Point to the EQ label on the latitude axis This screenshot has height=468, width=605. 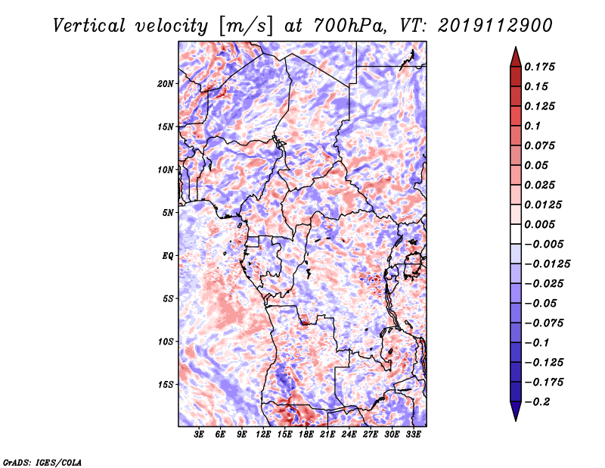click(x=168, y=256)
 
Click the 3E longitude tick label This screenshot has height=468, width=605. click(x=200, y=435)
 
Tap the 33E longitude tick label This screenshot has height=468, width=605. click(x=414, y=435)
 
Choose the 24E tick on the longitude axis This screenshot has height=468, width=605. click(x=349, y=435)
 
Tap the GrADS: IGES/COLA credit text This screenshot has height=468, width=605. click(x=42, y=460)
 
